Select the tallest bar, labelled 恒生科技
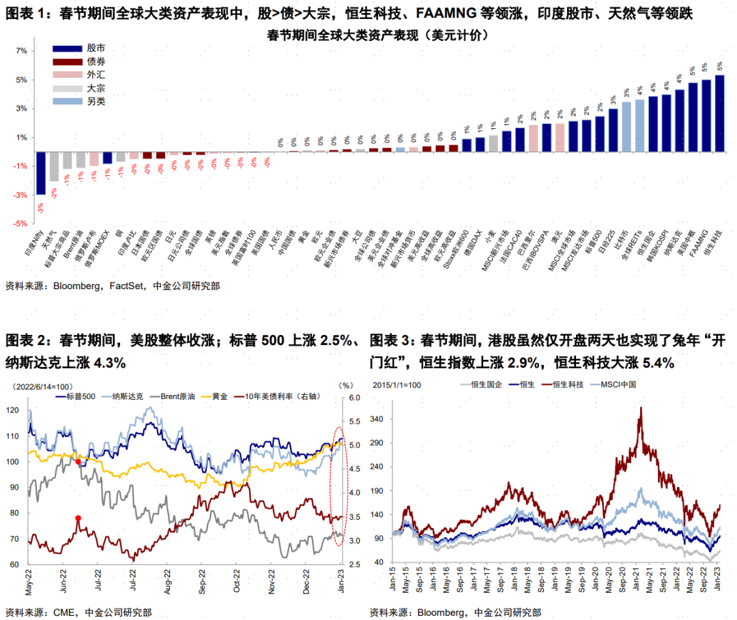point(719,113)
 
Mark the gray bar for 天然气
point(54,166)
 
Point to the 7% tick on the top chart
point(21,50)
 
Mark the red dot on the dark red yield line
point(78,518)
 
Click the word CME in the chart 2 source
point(63,611)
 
